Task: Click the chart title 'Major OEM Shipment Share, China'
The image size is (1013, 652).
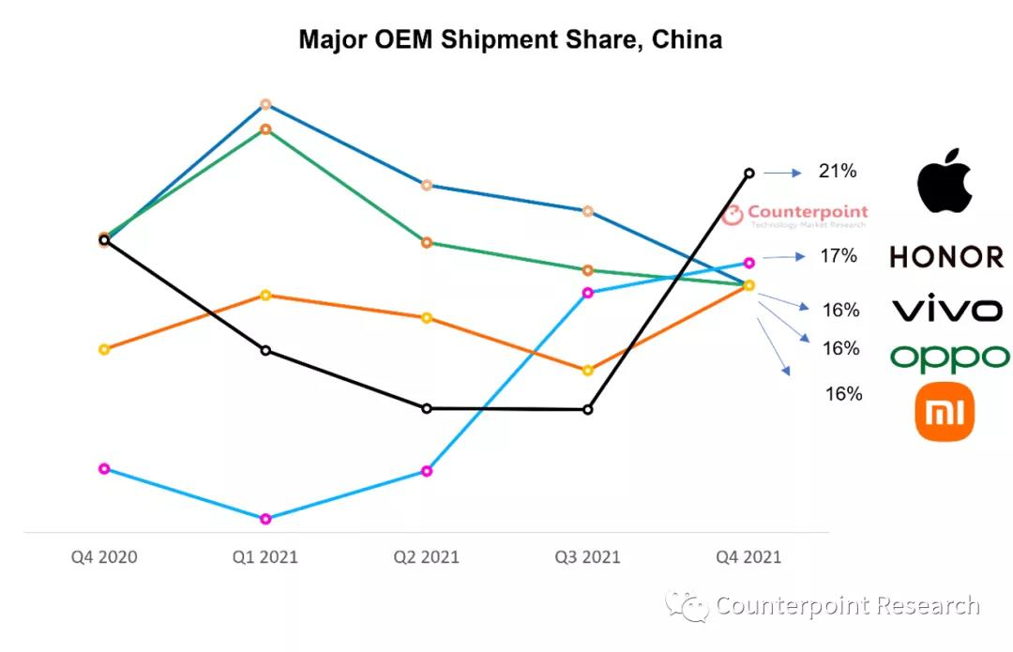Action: (510, 40)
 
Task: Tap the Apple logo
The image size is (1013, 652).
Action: (945, 180)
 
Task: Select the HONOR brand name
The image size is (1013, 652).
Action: (946, 256)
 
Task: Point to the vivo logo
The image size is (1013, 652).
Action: (946, 309)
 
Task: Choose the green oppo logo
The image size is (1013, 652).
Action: (949, 357)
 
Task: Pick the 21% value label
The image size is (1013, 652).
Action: (838, 171)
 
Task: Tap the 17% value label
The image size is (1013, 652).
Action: (838, 255)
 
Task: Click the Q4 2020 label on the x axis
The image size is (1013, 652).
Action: (104, 557)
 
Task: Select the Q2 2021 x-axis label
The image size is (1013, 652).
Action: (427, 557)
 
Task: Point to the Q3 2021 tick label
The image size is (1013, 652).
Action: (588, 557)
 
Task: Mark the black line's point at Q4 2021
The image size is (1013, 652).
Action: (749, 173)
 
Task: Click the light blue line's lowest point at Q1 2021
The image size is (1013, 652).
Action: (265, 519)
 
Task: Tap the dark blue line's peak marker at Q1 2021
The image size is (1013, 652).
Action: (265, 104)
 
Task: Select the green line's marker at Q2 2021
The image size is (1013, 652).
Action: (427, 243)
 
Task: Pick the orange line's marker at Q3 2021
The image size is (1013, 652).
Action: (588, 371)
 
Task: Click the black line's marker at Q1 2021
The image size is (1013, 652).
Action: (265, 351)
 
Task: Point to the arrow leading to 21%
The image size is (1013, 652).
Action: (782, 173)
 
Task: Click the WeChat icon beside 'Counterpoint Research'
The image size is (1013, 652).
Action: (687, 606)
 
